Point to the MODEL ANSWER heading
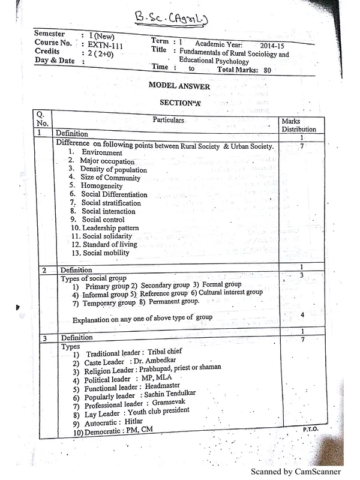pos(179,86)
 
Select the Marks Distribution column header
pos(298,125)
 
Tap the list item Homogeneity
pos(102,186)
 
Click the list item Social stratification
pos(111,203)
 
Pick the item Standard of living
pos(109,244)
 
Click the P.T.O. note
pos(310,430)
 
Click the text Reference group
pos(163,293)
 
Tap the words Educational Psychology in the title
pos(215,61)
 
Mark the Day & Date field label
pos(55,61)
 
